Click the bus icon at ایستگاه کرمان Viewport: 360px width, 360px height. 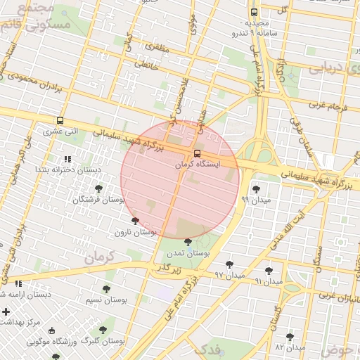pyautogui.click(x=196, y=153)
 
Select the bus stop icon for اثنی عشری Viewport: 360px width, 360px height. pyautogui.click(x=60, y=120)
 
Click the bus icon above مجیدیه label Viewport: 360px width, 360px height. pyautogui.click(x=254, y=13)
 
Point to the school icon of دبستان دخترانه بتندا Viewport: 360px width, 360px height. pyautogui.click(x=67, y=160)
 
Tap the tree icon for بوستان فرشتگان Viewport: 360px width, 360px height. pyautogui.click(x=98, y=189)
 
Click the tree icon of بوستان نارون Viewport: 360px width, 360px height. pyautogui.click(x=135, y=221)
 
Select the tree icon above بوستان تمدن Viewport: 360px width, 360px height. pyautogui.click(x=188, y=242)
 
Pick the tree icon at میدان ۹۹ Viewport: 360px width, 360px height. pyautogui.click(x=255, y=189)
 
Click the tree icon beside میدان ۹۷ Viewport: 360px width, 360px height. pyautogui.click(x=229, y=265)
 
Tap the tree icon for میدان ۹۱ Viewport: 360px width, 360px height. pyautogui.click(x=269, y=271)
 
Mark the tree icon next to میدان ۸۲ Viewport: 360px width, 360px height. pyautogui.click(x=290, y=337)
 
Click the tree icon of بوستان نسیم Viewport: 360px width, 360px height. pyautogui.click(x=106, y=289)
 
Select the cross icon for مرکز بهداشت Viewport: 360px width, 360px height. pyautogui.click(x=6, y=311)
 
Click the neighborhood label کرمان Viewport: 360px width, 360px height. pyautogui.click(x=98, y=257)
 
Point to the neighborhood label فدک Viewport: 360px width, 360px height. pyautogui.click(x=209, y=348)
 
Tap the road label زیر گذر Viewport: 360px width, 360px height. pyautogui.click(x=168, y=269)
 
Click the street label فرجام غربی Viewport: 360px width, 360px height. pyautogui.click(x=328, y=105)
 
